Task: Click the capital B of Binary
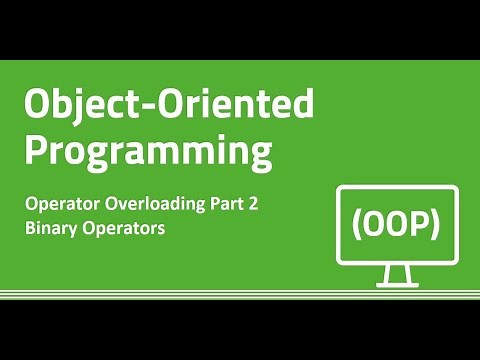31,228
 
